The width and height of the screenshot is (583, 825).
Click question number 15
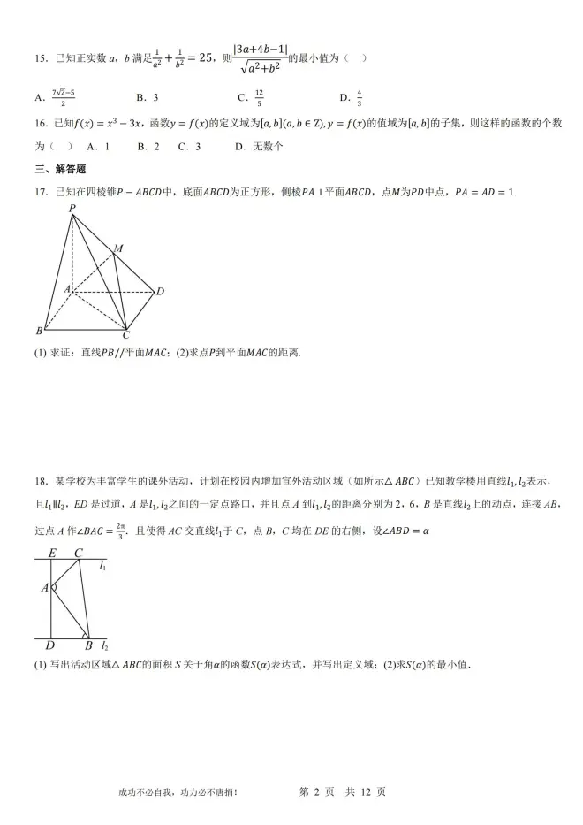click(x=40, y=58)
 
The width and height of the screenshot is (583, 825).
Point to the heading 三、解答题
click(x=61, y=168)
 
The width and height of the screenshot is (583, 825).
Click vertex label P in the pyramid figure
click(x=72, y=209)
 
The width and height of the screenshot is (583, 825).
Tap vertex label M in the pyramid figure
click(x=117, y=248)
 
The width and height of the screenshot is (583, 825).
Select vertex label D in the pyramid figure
click(x=160, y=291)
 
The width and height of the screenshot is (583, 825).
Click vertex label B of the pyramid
click(x=39, y=332)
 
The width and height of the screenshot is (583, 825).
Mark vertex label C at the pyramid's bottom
click(x=126, y=335)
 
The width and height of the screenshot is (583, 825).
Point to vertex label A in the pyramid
click(x=65, y=288)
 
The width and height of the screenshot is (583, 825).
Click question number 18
click(x=40, y=481)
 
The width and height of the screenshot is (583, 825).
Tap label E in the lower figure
click(x=52, y=554)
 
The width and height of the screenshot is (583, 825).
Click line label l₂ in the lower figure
click(x=104, y=646)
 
